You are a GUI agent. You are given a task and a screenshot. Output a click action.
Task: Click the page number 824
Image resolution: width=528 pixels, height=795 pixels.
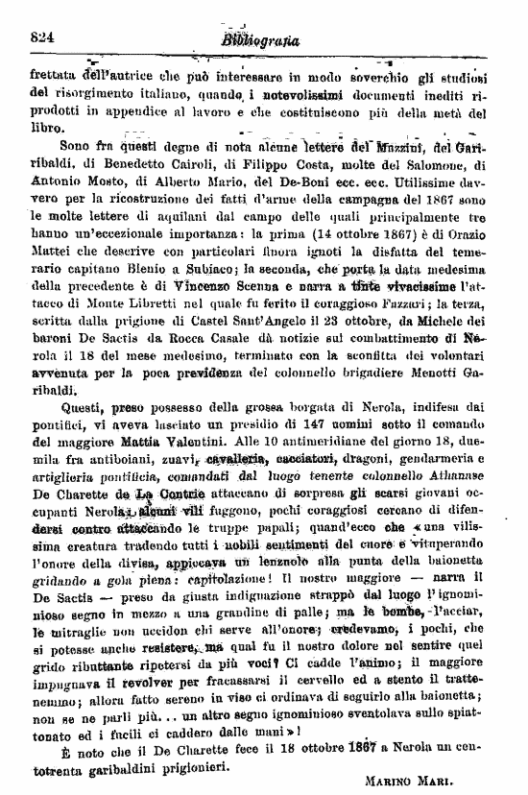coord(39,39)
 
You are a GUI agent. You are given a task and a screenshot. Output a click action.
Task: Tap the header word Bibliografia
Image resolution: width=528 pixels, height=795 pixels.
coord(260,40)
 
